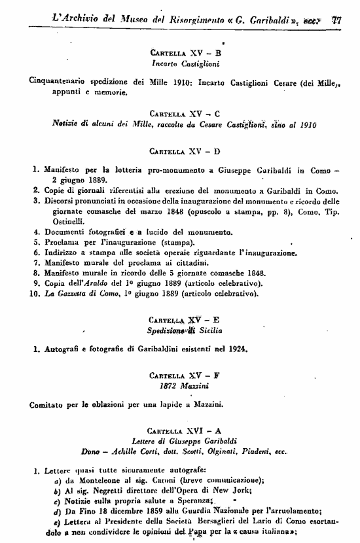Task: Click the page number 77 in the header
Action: point(337,20)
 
